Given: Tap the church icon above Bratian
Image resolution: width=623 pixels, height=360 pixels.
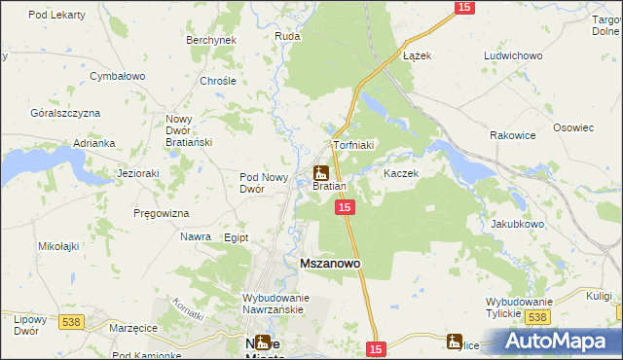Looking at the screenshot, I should [320, 173].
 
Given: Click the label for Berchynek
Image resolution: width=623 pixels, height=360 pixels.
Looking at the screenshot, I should [211, 40].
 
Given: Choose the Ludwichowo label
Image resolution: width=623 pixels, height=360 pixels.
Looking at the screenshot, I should [512, 55].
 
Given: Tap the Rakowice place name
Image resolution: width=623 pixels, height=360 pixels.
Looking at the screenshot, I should [513, 135].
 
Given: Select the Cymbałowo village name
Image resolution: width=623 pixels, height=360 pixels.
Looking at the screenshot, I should [117, 75].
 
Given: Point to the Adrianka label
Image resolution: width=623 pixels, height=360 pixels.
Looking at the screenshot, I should [94, 143].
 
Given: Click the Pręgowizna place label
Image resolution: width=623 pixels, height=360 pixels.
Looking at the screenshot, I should [162, 212].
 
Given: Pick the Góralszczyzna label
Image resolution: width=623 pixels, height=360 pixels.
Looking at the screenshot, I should [65, 113].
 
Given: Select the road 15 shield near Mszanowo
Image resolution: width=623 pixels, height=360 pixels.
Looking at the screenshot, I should [344, 208].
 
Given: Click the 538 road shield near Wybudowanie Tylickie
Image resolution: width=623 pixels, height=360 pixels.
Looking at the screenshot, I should [535, 318].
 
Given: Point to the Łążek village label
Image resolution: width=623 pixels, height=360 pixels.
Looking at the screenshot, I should [417, 55].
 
